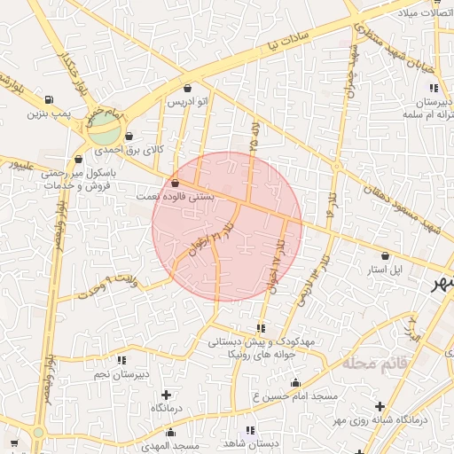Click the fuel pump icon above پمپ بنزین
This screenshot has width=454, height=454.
point(47,98)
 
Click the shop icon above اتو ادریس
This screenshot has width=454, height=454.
point(187,88)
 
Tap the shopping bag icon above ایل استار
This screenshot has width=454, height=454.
point(385,255)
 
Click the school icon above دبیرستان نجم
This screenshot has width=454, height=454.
point(121,360)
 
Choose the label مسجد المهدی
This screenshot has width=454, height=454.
point(174,443)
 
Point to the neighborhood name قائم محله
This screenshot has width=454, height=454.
point(377,364)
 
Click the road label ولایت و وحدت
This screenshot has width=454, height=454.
point(111,286)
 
